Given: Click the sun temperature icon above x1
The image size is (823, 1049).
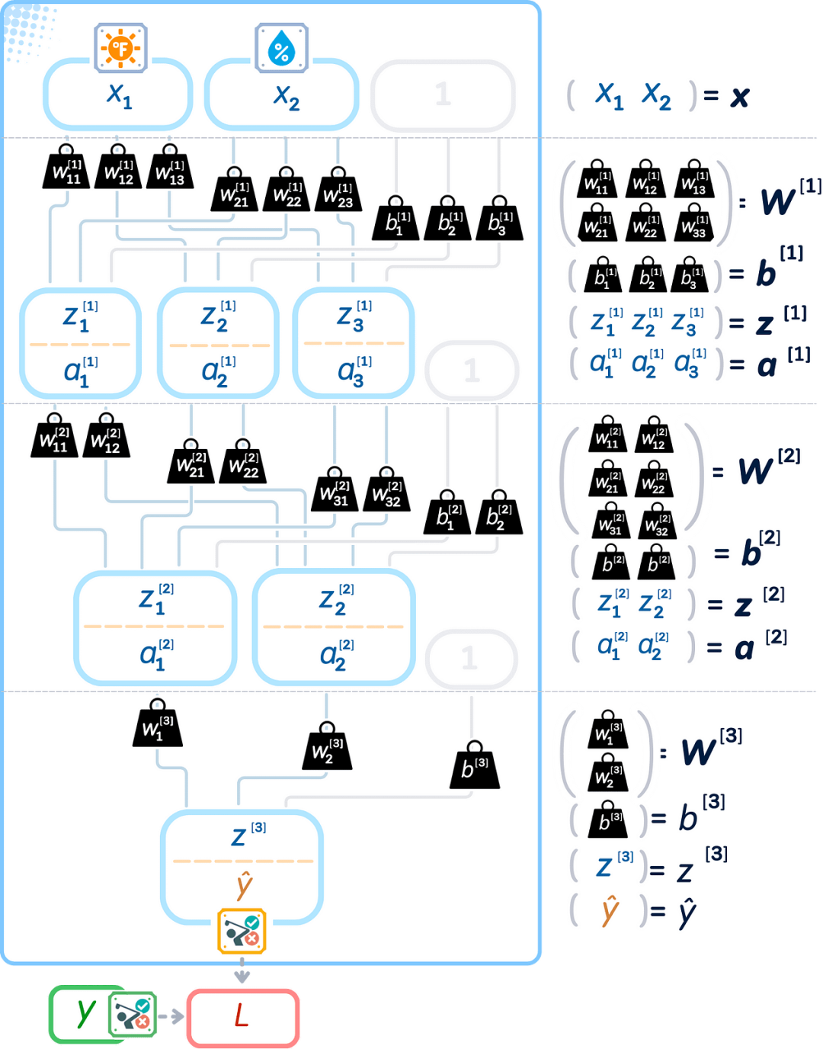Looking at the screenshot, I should click(x=120, y=48).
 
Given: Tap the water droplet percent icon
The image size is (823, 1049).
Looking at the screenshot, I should click(x=281, y=48).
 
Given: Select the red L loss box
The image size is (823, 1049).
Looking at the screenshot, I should click(x=242, y=1017).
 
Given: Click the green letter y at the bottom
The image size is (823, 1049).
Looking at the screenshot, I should click(x=85, y=1012).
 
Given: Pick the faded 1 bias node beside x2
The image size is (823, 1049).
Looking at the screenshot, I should click(x=443, y=95).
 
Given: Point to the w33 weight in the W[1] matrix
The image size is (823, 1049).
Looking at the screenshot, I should click(x=693, y=224).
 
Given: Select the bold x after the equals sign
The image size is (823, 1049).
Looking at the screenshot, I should click(x=738, y=97).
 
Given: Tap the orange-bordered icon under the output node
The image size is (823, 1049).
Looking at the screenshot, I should click(x=242, y=931).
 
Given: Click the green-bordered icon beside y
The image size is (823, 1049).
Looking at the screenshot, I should click(x=133, y=1015).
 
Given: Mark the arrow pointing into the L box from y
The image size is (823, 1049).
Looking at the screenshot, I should click(x=175, y=1016).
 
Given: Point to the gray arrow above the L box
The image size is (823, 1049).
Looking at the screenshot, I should click(x=242, y=974).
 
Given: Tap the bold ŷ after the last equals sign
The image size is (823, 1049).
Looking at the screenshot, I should click(x=686, y=912).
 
